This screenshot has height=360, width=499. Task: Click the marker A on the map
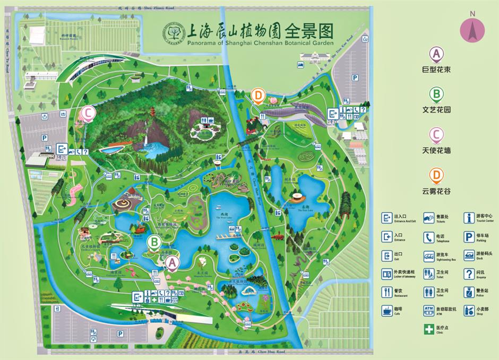[x=172, y=262]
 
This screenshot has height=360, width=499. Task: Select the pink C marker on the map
[x=88, y=113]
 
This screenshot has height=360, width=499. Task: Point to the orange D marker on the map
[x=258, y=96]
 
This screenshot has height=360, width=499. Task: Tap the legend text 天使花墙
[x=436, y=150]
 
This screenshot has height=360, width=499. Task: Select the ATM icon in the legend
[x=428, y=310]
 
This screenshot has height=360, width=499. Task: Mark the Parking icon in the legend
[x=469, y=237]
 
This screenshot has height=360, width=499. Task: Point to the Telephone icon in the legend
[x=428, y=237]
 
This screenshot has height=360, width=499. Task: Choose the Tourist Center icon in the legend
[x=469, y=218]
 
